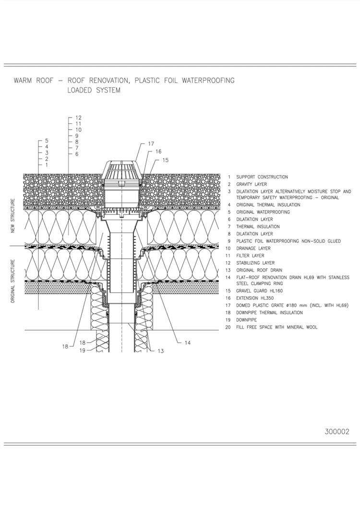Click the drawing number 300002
tap(337, 431)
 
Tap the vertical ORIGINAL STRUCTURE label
tap(13, 281)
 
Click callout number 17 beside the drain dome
tap(151, 143)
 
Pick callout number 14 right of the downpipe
tap(187, 343)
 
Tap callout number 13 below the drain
tap(160, 351)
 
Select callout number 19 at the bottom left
tap(83, 351)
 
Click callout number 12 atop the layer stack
tap(79, 118)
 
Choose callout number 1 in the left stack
tap(47, 165)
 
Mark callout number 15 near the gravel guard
tap(166, 160)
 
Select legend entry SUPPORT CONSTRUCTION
tap(262, 177)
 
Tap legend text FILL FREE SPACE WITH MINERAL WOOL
tap(276, 327)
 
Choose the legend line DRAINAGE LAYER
tap(253, 249)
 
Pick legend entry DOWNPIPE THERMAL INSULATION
tap(269, 313)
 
